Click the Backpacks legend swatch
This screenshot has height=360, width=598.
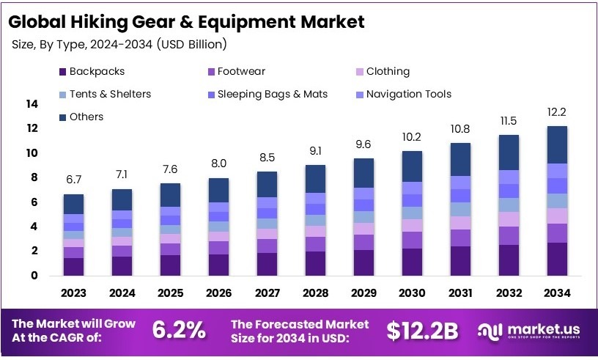click(x=62, y=72)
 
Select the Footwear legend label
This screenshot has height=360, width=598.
click(x=241, y=71)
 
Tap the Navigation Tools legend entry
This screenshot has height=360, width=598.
click(x=408, y=94)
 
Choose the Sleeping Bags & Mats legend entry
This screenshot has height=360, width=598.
click(x=272, y=94)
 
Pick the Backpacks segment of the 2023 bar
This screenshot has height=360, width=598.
click(x=73, y=266)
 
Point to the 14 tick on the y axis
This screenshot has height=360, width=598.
click(x=32, y=104)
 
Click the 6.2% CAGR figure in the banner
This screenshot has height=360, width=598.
click(x=179, y=330)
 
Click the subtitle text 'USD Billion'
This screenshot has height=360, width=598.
click(x=191, y=45)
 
